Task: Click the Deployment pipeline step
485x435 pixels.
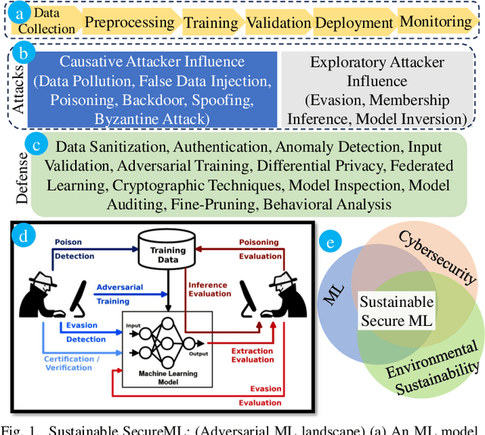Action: (x=353, y=21)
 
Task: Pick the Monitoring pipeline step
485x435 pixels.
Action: (x=436, y=21)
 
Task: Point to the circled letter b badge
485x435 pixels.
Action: (x=25, y=53)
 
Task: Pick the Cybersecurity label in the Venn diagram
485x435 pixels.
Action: (x=437, y=257)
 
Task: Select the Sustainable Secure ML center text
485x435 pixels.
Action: (x=396, y=311)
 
